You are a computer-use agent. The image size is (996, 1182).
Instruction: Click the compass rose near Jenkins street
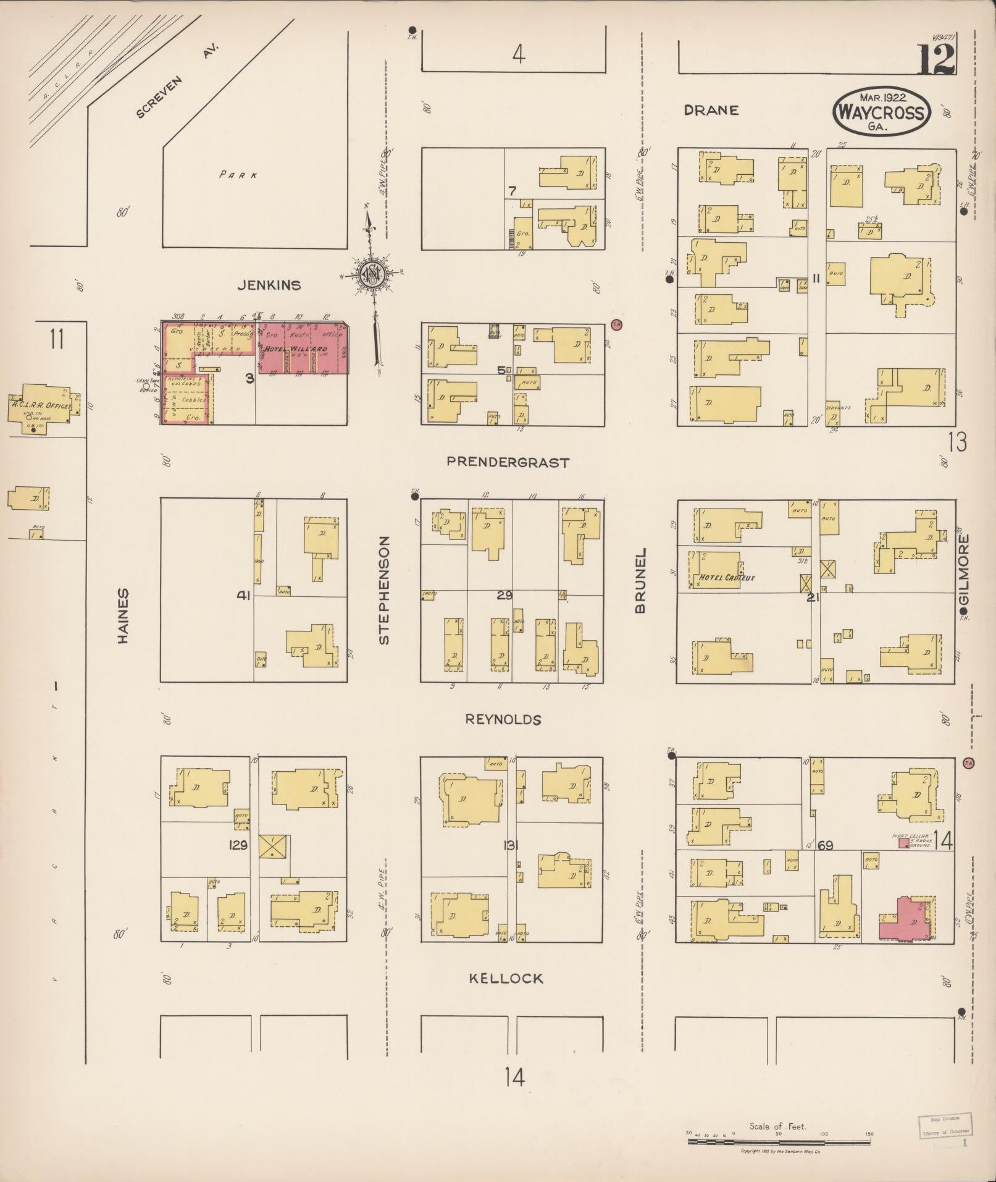pos(373,274)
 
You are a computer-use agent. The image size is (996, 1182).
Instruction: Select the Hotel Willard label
pos(295,349)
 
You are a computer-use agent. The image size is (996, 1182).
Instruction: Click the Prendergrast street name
pos(508,462)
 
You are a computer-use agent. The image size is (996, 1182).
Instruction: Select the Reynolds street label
pos(503,719)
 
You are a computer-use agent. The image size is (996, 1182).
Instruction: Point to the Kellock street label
pos(506,977)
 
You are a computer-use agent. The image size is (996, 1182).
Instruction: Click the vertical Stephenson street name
pos(384,590)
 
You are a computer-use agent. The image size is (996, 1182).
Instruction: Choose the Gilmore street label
pos(964,569)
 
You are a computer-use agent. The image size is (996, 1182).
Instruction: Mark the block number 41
pos(244,596)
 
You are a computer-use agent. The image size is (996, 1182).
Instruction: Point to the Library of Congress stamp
pos(945,1126)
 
